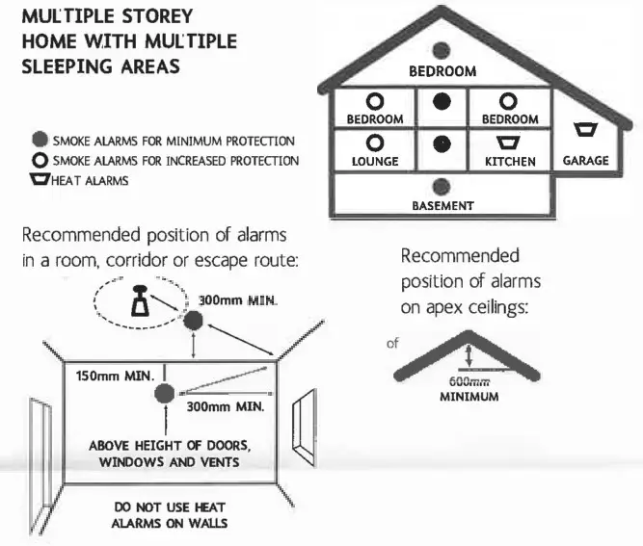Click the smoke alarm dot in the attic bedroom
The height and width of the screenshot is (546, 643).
click(442, 51)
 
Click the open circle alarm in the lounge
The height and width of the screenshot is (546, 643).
click(375, 143)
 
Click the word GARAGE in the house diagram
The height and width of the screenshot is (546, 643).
click(586, 161)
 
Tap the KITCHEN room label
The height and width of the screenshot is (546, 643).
click(510, 162)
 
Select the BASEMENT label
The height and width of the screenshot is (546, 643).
click(442, 205)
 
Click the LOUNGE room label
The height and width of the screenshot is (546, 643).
click(375, 162)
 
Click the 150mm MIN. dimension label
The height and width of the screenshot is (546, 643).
click(113, 376)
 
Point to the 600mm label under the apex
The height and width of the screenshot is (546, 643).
click(468, 381)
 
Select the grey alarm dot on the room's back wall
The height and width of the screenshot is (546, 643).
click(166, 392)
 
